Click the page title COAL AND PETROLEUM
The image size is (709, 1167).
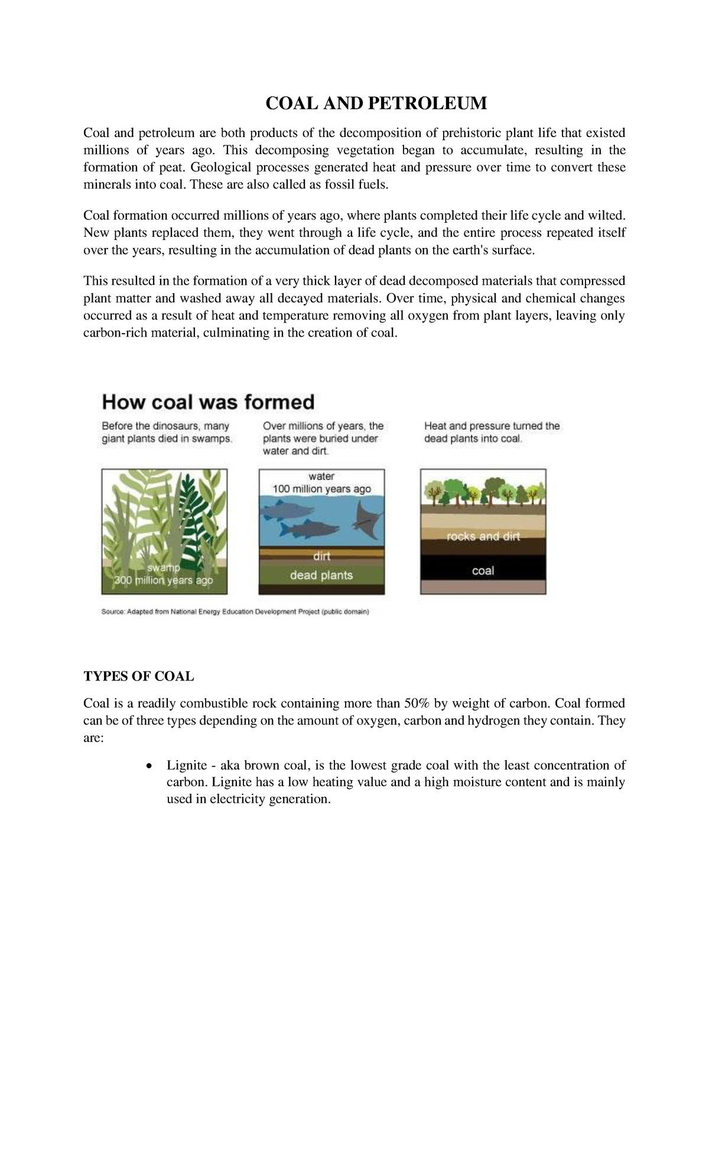pos(376,103)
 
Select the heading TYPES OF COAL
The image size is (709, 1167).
pos(138,676)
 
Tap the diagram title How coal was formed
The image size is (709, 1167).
pos(208,403)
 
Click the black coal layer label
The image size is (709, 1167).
pos(483,571)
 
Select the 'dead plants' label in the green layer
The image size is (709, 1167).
pos(321,575)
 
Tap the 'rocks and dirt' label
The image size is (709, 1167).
pos(483,537)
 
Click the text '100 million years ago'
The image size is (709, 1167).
pos(321,489)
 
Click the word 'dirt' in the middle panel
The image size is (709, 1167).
pos(321,556)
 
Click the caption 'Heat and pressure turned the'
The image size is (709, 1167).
pos(492,426)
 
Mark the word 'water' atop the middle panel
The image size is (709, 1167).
pos(321,476)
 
